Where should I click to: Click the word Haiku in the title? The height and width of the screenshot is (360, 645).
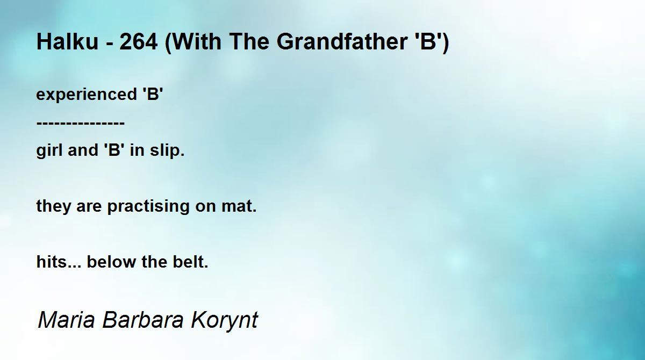tap(68, 41)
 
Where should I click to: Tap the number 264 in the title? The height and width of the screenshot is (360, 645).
tap(139, 41)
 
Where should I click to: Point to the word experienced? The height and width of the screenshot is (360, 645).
tap(87, 95)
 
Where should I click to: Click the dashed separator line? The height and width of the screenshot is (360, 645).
tap(81, 123)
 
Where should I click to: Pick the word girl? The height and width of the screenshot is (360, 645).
tap(50, 150)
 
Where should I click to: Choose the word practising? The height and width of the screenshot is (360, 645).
tap(148, 206)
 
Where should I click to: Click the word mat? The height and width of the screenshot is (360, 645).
tap(239, 206)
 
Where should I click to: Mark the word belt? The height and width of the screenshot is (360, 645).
tap(190, 262)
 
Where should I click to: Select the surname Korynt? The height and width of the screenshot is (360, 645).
tap(224, 321)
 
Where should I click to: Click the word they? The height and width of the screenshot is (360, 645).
tap(53, 206)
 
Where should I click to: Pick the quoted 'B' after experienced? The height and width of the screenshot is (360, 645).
tap(153, 94)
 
